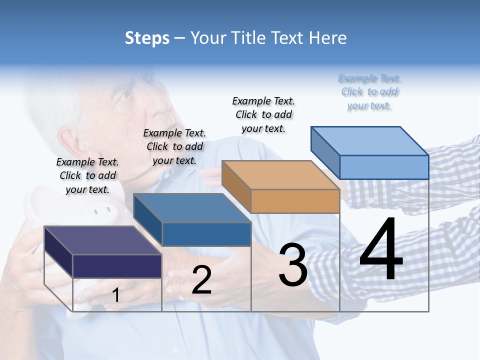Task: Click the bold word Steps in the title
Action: pos(147,38)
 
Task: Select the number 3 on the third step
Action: pos(293,265)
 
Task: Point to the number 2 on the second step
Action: pos(201,280)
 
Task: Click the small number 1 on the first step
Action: pos(115,295)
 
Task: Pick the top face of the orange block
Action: pos(280,175)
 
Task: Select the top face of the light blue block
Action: pos(370,141)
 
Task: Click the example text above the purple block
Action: pos(87,175)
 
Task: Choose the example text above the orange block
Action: pos(263,114)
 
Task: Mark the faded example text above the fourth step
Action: pos(369,91)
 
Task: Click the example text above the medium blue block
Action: pos(174,146)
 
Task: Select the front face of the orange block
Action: pos(295,201)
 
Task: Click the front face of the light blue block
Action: pos(384,167)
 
